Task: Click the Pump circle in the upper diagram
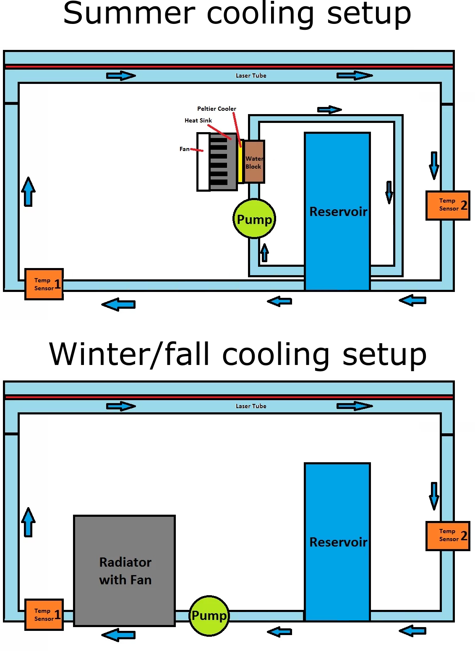point(254,219)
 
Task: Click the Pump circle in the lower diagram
point(209,615)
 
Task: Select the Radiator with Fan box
point(124,570)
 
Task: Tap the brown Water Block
point(254,162)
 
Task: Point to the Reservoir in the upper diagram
point(337,211)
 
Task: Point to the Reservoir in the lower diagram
point(337,542)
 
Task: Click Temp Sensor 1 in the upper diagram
point(44,284)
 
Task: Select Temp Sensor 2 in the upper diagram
point(448,205)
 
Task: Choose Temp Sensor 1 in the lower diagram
point(44,615)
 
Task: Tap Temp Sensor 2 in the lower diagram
point(448,536)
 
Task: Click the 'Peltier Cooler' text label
point(217,109)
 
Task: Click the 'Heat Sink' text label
point(198,120)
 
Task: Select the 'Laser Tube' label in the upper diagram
point(251,76)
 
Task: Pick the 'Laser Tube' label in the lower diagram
point(251,406)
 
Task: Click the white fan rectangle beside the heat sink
point(203,162)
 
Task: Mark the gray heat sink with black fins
point(223,162)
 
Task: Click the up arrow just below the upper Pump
point(264,253)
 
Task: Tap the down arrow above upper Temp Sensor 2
point(434,165)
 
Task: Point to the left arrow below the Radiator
point(119,635)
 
